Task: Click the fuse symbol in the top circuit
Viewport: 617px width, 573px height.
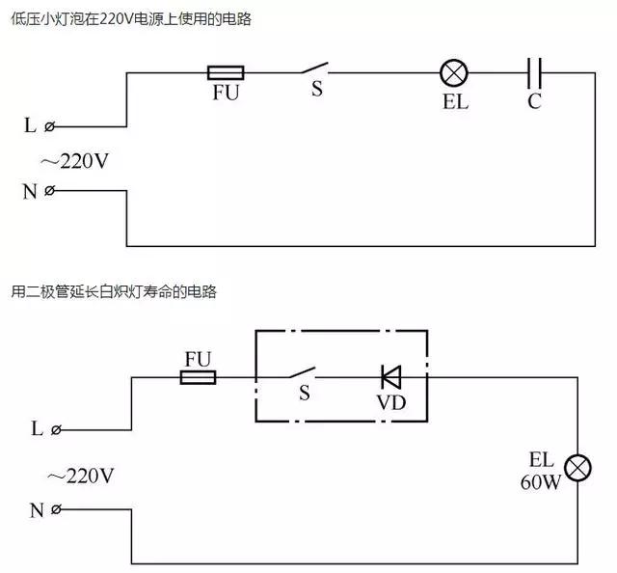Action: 226,72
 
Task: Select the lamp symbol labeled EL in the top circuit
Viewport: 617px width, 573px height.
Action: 453,72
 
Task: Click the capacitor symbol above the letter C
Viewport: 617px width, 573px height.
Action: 535,72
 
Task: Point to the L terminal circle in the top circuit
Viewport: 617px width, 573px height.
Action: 50,126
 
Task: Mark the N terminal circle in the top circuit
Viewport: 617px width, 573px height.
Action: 50,190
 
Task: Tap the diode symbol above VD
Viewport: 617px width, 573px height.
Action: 390,376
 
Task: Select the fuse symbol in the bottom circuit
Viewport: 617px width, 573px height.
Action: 199,377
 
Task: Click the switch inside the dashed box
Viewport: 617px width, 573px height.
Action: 305,374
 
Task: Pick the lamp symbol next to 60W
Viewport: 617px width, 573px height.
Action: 577,469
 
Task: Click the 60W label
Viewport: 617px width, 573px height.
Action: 540,481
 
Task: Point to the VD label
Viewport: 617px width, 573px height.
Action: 390,402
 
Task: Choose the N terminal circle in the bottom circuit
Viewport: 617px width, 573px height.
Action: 56,509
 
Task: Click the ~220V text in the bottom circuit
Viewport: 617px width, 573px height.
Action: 79,476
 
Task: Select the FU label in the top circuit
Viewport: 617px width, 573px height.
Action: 226,96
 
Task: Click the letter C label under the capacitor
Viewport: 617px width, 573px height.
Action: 534,101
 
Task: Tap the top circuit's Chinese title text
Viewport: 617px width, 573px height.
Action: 131,19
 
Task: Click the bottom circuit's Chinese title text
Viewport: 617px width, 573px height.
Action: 114,291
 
